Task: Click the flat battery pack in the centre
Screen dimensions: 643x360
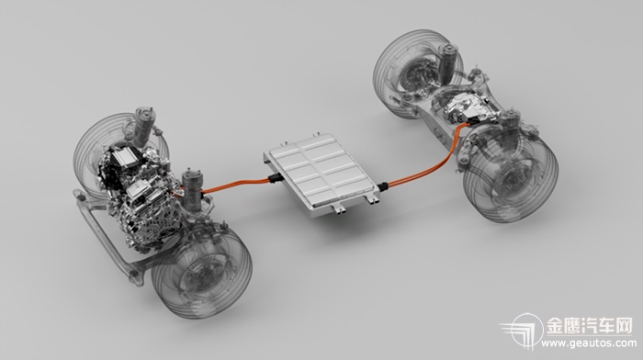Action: click(x=321, y=174)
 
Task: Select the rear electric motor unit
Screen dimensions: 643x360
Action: click(x=471, y=107)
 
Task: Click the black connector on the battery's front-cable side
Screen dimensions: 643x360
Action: click(x=275, y=179)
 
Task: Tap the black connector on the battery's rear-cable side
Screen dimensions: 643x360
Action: click(x=383, y=186)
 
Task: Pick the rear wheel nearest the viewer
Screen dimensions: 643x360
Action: click(x=511, y=177)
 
